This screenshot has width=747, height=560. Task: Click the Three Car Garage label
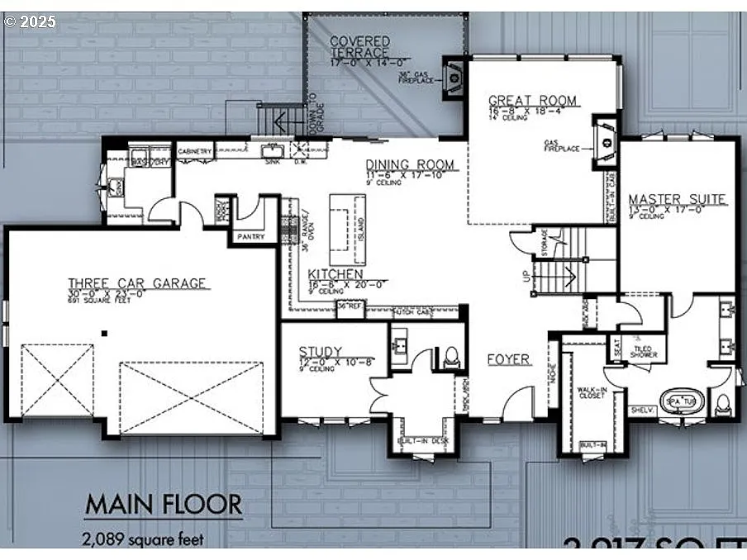138,283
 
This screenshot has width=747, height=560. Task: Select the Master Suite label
677,199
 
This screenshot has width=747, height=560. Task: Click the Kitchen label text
335,273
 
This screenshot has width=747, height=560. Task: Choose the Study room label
321,353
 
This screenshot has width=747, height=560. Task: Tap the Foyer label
508,359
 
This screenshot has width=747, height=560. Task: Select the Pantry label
250,237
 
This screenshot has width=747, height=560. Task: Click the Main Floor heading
164,504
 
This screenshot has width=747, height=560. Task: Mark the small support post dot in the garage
105,333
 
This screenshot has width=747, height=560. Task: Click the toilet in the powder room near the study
451,357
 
